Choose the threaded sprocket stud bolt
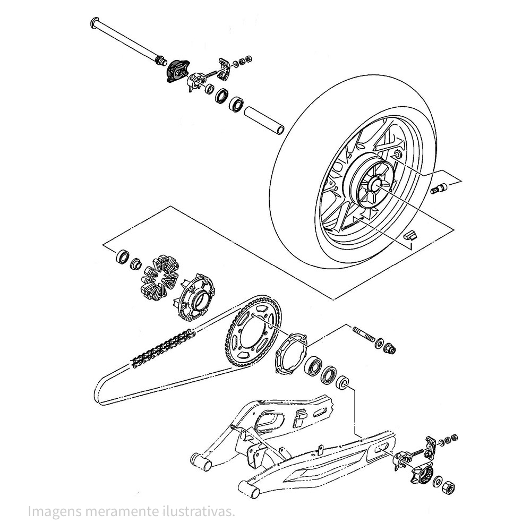click(x=364, y=335)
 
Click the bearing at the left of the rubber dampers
click(x=122, y=256)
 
